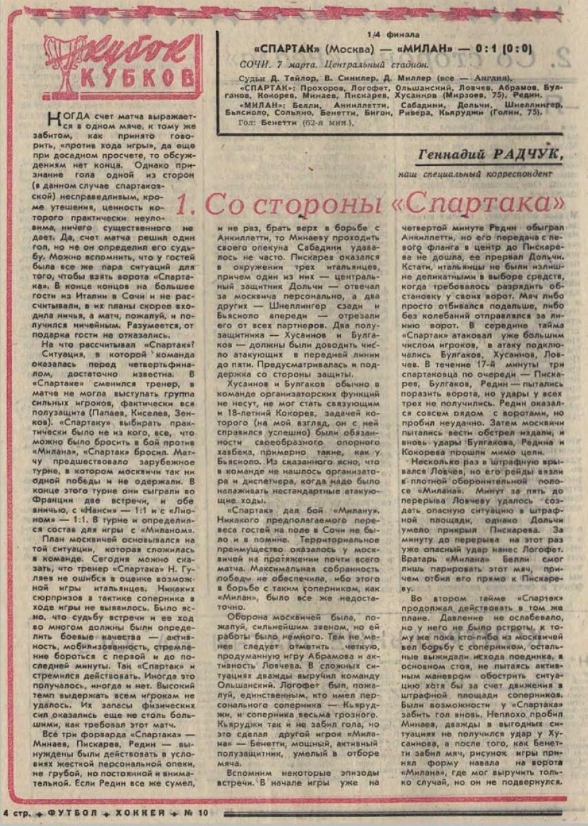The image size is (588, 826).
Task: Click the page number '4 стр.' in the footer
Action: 18,812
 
